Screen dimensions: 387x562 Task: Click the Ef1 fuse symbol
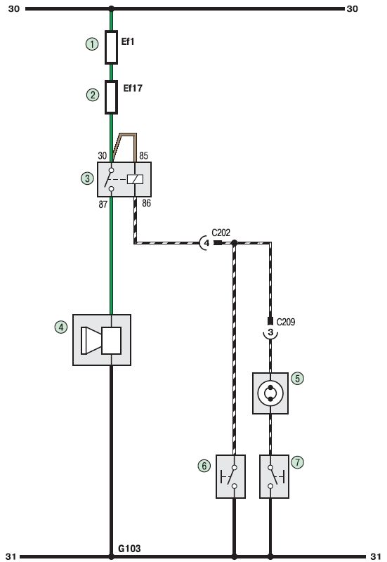(111, 47)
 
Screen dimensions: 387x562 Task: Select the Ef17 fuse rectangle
(111, 97)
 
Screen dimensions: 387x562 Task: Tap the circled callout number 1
(92, 44)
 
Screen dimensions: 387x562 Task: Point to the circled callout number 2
(93, 95)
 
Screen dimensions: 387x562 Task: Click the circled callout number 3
(87, 178)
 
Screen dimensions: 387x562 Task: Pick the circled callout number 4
(61, 327)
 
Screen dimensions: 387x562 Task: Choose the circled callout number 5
(297, 378)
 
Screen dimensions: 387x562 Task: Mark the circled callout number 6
(204, 466)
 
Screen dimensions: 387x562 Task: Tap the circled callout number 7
(297, 462)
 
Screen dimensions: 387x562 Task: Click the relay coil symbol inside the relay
(135, 179)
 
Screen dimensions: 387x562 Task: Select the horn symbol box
(102, 340)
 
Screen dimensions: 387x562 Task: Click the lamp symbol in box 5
(270, 393)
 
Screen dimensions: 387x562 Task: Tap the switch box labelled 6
(231, 476)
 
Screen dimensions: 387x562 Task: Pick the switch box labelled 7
(274, 476)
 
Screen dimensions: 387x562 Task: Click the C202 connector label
(221, 233)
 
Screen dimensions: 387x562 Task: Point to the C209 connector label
(286, 322)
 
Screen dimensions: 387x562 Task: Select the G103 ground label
(129, 549)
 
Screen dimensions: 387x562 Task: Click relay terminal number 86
(146, 203)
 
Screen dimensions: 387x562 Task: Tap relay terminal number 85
(143, 155)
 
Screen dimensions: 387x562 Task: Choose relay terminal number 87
(103, 204)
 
